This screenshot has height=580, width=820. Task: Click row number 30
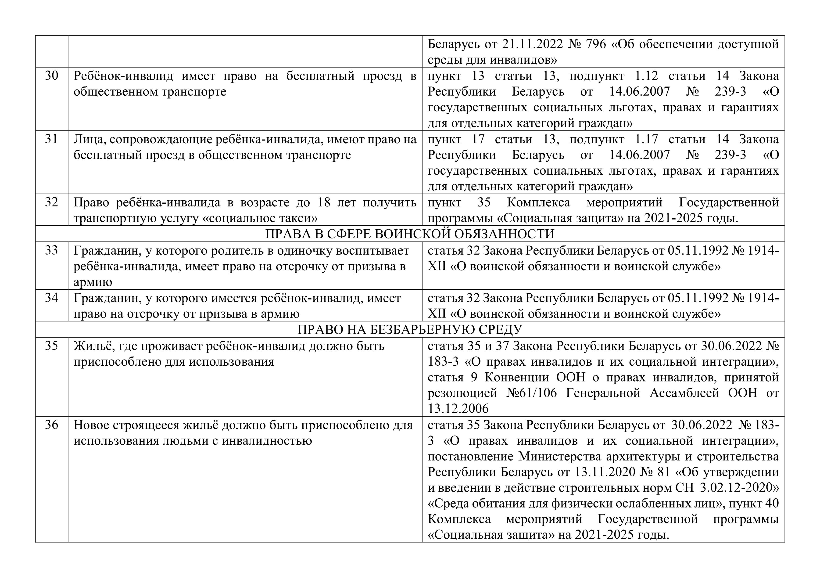pyautogui.click(x=51, y=76)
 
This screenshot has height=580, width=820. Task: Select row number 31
pyautogui.click(x=51, y=139)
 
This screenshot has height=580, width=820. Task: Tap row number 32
pyautogui.click(x=51, y=202)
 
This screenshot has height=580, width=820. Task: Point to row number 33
pyautogui.click(x=51, y=250)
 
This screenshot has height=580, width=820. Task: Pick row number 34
pyautogui.click(x=51, y=298)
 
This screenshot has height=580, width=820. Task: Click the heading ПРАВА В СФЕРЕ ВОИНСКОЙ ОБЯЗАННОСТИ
pyautogui.click(x=410, y=234)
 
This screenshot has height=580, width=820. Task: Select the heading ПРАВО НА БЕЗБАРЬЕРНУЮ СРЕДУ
pyautogui.click(x=410, y=329)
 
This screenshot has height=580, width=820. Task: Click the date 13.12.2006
pyautogui.click(x=458, y=408)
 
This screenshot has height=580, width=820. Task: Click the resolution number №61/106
pyautogui.click(x=531, y=393)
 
